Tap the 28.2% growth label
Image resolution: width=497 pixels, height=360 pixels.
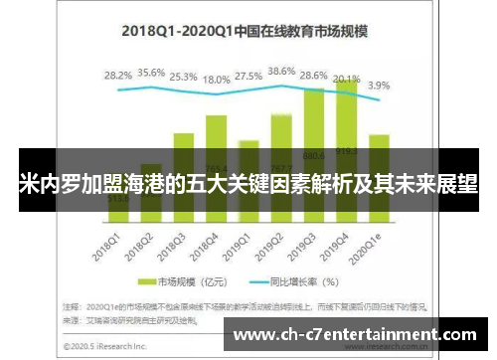point(118,75)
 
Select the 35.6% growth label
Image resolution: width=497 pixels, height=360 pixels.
point(151,73)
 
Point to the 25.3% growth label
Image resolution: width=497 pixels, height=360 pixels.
point(184,76)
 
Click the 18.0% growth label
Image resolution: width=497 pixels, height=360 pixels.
point(217,79)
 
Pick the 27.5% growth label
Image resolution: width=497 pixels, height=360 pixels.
point(249,76)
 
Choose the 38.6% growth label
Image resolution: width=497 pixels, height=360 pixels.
point(282,72)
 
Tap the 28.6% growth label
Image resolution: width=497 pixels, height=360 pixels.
point(315,76)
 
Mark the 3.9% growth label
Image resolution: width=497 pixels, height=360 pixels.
point(380,85)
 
